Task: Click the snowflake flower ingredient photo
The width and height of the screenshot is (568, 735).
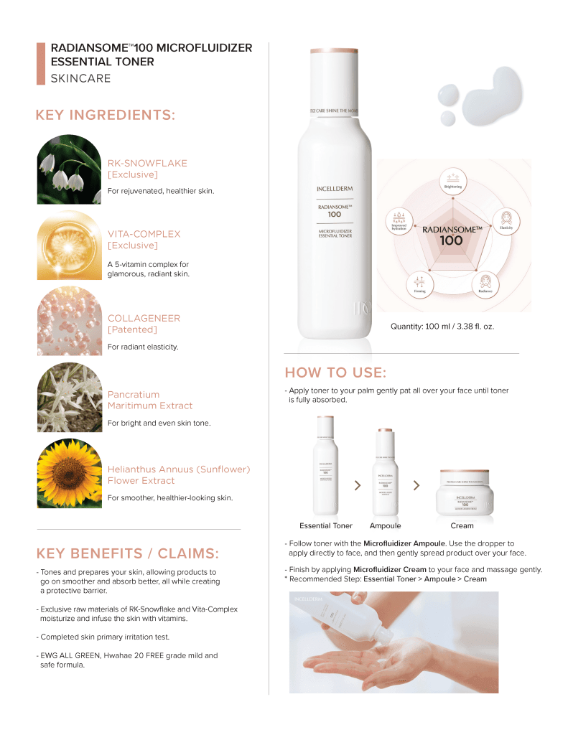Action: [x=69, y=170]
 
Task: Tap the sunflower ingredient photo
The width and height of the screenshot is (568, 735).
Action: [x=69, y=474]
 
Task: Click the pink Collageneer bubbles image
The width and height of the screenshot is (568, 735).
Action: [x=69, y=322]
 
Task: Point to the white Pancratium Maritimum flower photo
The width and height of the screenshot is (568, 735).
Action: [x=69, y=398]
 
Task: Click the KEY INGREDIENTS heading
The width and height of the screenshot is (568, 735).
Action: [x=106, y=116]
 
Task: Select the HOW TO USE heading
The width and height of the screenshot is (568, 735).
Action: [x=335, y=373]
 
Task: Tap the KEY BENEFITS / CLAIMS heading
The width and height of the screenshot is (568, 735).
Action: [x=127, y=553]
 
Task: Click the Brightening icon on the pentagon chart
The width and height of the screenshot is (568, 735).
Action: [x=452, y=180]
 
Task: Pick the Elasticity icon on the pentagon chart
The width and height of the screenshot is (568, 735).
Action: [x=506, y=219]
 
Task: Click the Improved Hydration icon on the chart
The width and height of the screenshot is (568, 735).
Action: [x=399, y=219]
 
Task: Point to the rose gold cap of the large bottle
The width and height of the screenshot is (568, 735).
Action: [x=334, y=52]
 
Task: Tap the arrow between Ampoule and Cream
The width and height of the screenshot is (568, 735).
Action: [x=416, y=486]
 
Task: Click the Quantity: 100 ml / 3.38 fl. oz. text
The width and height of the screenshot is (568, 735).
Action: [x=442, y=327]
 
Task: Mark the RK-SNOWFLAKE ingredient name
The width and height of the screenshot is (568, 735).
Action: [x=147, y=163]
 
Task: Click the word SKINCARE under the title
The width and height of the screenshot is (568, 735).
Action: [x=80, y=78]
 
